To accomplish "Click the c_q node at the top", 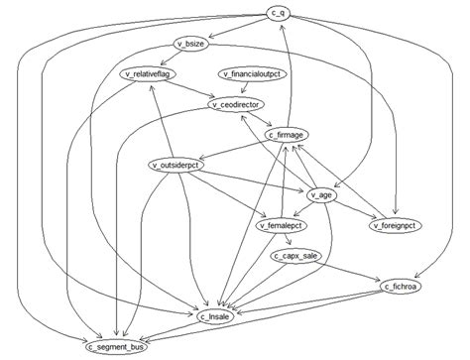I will tap(278, 13).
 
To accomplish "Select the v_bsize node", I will tap(190, 44).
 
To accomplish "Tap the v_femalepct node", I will tap(280, 226).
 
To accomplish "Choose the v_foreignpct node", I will tap(397, 226).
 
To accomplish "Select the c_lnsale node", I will tap(215, 316).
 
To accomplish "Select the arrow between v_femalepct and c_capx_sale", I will tap(287, 241).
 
